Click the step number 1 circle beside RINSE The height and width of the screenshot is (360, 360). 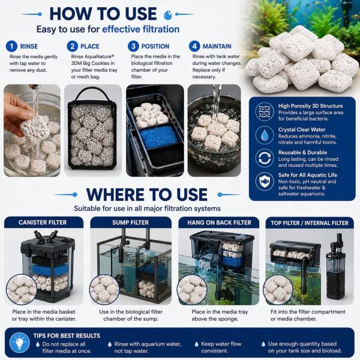[x=11, y=46]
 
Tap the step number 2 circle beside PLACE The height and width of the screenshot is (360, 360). [x=73, y=46]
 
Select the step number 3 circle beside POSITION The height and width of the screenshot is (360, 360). [x=133, y=46]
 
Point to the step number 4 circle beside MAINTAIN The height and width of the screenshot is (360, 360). [x=194, y=46]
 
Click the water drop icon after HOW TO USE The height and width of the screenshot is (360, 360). [x=168, y=15]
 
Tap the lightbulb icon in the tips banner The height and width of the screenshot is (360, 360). [x=20, y=343]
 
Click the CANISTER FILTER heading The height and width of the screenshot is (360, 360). [x=43, y=223]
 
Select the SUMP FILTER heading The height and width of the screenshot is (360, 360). [x=130, y=223]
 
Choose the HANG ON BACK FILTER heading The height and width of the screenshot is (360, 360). [x=219, y=223]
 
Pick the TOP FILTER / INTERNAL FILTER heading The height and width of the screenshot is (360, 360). [x=310, y=223]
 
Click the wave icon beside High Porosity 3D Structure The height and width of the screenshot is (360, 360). [x=265, y=112]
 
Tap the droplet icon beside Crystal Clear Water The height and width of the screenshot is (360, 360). [x=265, y=135]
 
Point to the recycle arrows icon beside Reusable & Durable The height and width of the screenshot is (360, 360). [x=265, y=158]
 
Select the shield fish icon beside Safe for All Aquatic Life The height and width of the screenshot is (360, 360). [x=265, y=181]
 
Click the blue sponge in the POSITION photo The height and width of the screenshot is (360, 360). [x=159, y=137]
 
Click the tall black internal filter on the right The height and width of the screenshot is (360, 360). [x=335, y=267]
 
